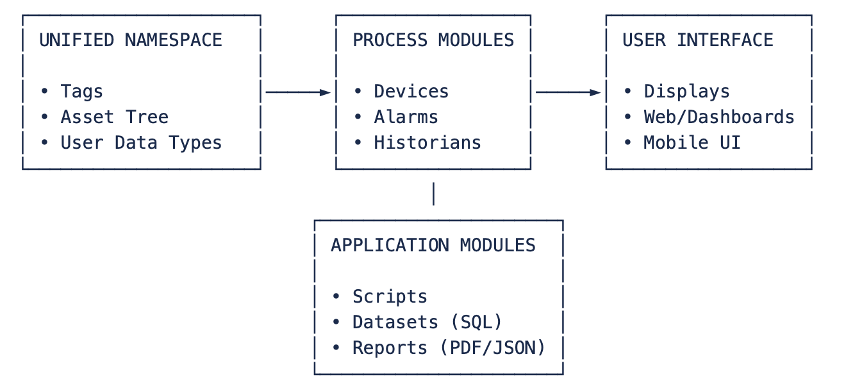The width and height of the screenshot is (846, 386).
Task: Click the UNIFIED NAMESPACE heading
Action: coord(131,40)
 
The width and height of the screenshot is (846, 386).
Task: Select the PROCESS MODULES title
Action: coord(433,40)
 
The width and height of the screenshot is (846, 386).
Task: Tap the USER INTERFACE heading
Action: coord(697,40)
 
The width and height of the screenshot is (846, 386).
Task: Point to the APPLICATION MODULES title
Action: coord(433,245)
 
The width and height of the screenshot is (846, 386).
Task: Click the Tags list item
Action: coord(81,92)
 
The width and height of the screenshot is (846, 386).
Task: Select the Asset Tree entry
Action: coord(115,117)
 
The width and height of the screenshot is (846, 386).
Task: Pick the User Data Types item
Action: coord(141,143)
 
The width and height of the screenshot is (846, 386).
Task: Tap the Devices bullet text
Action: coord(411,92)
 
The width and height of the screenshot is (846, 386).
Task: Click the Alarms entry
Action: coord(406,117)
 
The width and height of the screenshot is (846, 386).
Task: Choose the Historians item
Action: coord(427,143)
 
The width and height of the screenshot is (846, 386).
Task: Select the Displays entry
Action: coord(686,92)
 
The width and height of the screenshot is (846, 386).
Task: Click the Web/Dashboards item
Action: coord(719,117)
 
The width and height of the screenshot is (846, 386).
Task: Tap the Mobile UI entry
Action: coord(692,143)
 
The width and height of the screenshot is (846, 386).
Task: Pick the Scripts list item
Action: coord(390,296)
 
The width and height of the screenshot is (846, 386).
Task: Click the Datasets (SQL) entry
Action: coord(427,322)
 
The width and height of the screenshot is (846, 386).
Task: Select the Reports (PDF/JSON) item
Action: coord(449,348)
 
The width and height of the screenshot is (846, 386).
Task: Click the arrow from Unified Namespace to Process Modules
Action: coord(298,92)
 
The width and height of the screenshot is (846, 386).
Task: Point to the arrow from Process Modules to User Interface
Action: coord(568,92)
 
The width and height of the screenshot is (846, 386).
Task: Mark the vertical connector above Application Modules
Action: coord(433,194)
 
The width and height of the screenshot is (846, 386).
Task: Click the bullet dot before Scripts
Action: coord(336,296)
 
